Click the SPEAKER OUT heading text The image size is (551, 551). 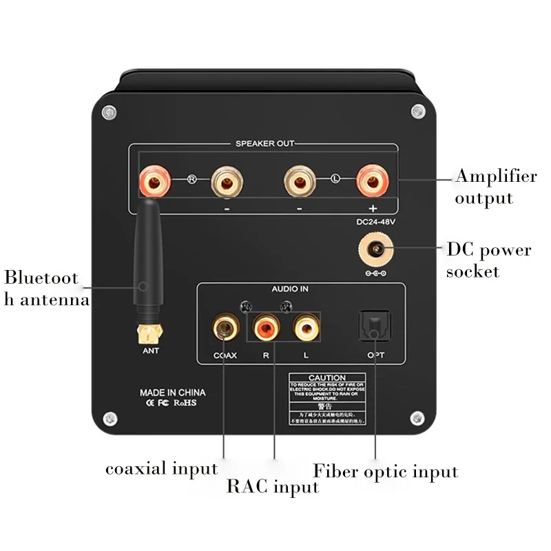coord(265,143)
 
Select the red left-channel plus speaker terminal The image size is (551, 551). coord(372,182)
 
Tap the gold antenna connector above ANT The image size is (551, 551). coord(149,334)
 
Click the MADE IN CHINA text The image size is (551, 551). coord(172,393)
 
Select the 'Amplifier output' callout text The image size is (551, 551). coord(495,187)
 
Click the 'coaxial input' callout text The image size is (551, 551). coord(161,469)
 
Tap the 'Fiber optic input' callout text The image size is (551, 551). coord(385,472)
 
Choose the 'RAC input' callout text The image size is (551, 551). coord(273,488)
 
